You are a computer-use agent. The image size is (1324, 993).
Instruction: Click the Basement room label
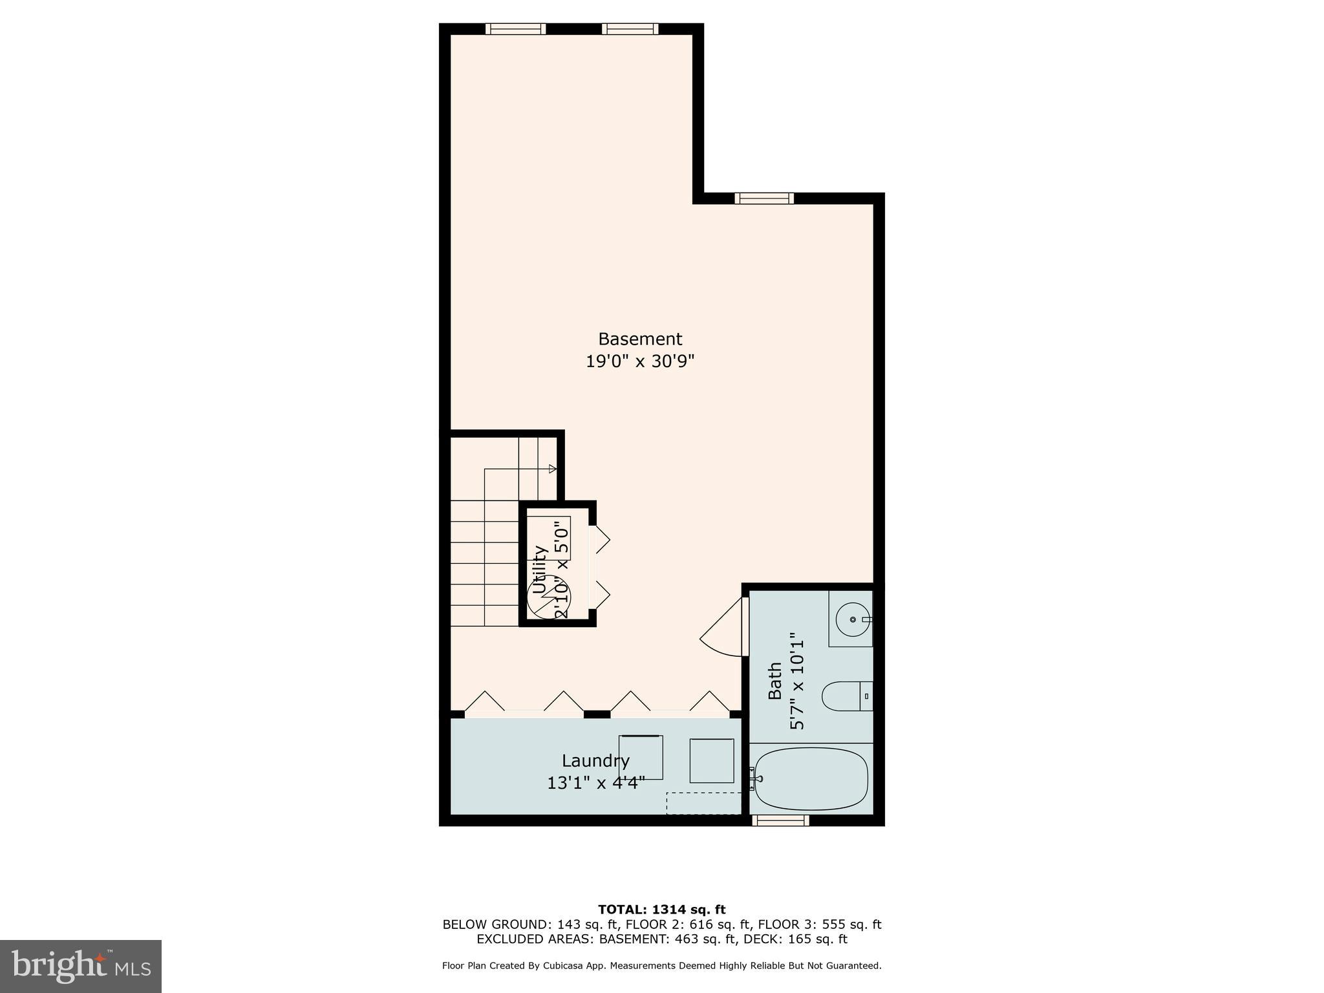pos(639,339)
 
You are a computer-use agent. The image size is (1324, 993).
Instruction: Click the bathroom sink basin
pos(853,619)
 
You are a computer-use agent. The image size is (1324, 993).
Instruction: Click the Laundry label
pos(595,760)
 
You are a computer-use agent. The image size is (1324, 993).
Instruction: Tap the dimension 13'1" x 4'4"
pos(595,784)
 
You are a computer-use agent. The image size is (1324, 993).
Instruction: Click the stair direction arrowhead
pos(553,469)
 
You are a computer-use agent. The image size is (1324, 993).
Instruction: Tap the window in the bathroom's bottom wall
pos(782,820)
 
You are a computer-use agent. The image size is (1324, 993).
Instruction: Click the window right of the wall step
pos(764,198)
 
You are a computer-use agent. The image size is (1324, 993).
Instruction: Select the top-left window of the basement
pos(515,29)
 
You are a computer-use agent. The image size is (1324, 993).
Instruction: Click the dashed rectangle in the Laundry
pos(703,803)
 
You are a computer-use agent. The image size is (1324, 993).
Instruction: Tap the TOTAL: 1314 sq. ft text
pos(661,910)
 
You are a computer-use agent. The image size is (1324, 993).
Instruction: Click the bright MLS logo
pos(80,966)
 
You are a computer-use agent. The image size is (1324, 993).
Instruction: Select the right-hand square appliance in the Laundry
pos(711,761)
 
